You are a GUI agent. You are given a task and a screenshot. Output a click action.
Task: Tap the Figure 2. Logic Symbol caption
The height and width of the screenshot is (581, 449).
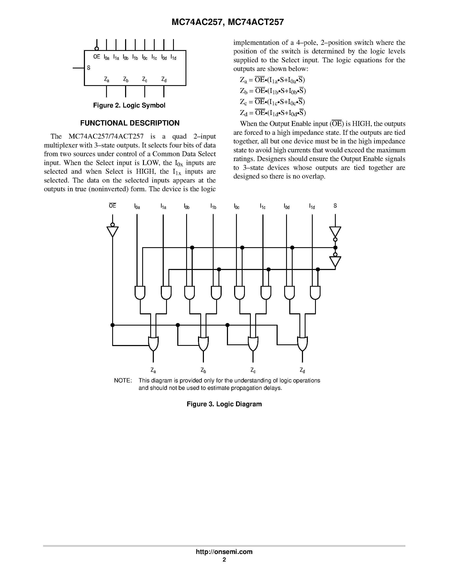(129, 105)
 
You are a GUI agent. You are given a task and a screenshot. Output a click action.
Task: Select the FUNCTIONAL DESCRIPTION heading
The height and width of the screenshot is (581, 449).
(130, 123)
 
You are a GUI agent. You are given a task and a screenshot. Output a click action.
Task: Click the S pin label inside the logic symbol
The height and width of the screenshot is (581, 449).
(89, 68)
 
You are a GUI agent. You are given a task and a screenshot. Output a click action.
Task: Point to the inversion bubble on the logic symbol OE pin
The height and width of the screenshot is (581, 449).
(97, 48)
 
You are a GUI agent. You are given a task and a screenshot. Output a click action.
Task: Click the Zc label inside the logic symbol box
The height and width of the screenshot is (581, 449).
(145, 79)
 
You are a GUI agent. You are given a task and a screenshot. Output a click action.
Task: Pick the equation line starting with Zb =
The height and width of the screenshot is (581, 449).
(273, 91)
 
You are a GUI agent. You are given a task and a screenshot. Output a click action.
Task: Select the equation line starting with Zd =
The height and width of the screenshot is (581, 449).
(273, 113)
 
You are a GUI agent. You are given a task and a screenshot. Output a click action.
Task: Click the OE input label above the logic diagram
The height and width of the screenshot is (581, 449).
(113, 206)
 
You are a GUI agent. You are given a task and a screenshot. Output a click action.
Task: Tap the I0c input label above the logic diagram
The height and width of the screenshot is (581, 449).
(236, 206)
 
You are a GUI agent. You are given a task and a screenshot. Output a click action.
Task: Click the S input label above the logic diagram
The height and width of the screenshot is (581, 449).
(335, 206)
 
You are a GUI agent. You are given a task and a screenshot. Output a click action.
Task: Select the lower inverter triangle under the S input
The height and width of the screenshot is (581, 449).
(335, 261)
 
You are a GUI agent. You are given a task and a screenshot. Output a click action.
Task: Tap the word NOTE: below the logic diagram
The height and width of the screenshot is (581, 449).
(123, 381)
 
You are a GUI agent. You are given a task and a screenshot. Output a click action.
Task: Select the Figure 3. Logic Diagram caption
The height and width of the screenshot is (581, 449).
(224, 404)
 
